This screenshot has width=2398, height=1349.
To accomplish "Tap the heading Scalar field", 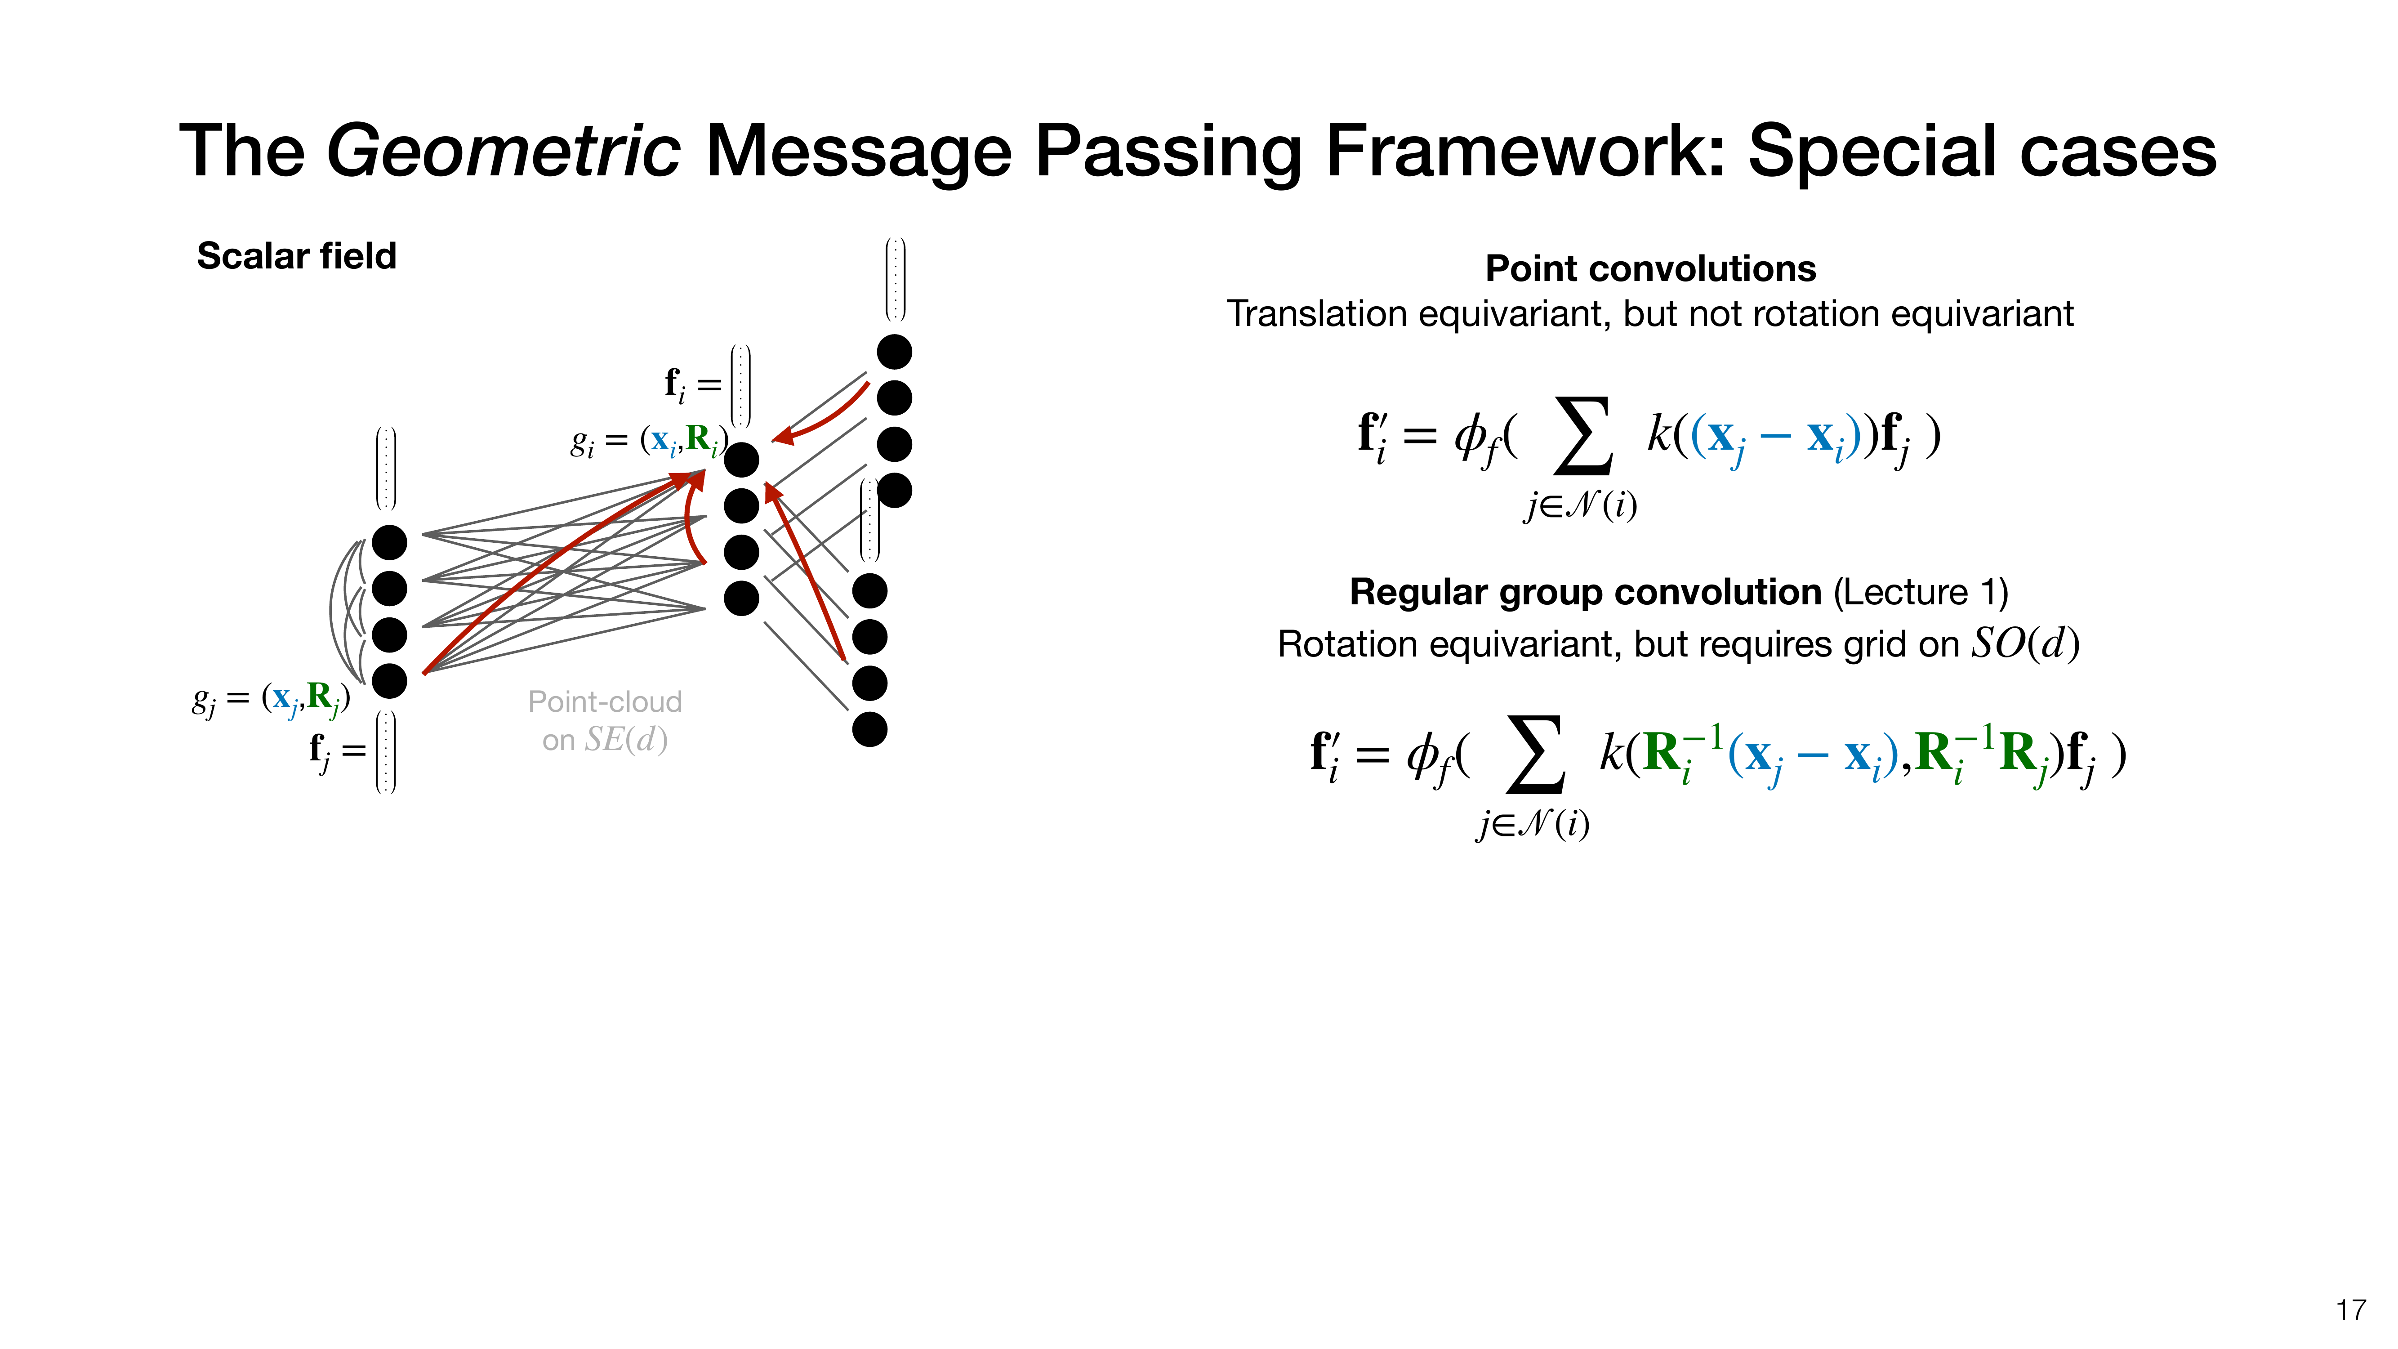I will (296, 256).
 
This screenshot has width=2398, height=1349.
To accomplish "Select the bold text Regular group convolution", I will (1584, 592).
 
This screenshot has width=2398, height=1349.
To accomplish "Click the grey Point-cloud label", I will (605, 702).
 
